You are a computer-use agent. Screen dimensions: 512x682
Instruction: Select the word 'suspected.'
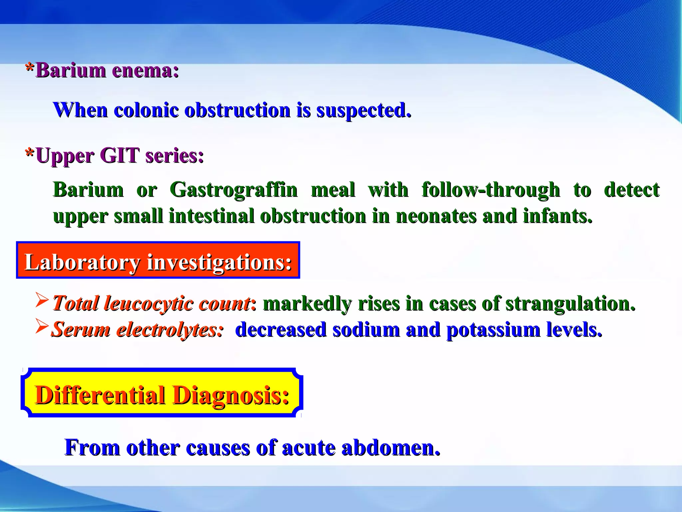click(x=364, y=111)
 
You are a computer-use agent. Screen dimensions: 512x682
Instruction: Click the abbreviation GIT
click(x=119, y=156)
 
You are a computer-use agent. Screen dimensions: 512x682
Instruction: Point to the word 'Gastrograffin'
click(x=233, y=190)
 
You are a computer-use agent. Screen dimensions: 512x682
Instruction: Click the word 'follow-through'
click(x=491, y=190)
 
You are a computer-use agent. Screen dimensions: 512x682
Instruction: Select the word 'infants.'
click(x=558, y=216)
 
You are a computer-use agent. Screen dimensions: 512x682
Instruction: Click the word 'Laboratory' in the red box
click(x=82, y=262)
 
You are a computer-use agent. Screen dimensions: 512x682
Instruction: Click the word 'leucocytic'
click(x=149, y=304)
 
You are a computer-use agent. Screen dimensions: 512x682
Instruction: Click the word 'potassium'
click(x=493, y=330)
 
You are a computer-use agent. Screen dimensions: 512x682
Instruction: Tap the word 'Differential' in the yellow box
click(x=100, y=395)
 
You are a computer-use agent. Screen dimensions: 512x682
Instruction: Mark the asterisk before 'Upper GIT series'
click(x=30, y=154)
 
